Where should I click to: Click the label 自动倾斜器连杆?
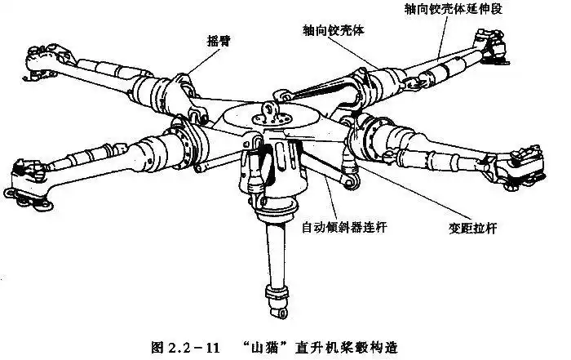tap(343, 227)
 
